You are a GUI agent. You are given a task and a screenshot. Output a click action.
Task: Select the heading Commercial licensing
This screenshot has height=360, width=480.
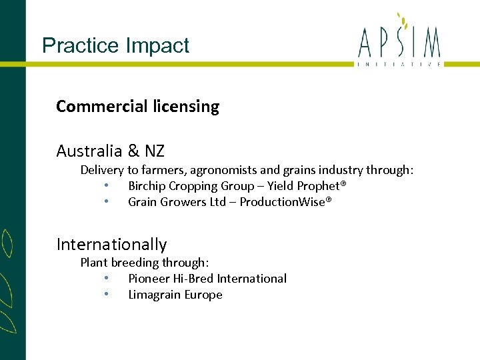137,107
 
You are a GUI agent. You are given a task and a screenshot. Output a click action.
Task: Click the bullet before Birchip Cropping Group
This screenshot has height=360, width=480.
107,186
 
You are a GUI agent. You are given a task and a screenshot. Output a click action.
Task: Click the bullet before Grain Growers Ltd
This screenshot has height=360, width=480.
107,202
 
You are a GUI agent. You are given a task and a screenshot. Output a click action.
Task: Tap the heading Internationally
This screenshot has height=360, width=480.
111,245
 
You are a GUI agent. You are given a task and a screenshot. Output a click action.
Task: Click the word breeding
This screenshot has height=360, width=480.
133,263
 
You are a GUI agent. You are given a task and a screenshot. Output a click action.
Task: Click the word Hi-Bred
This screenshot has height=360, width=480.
193,279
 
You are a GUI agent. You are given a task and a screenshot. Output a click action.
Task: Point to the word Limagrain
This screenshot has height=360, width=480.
153,295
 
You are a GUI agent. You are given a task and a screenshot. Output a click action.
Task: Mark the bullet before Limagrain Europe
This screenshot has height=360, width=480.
107,295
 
